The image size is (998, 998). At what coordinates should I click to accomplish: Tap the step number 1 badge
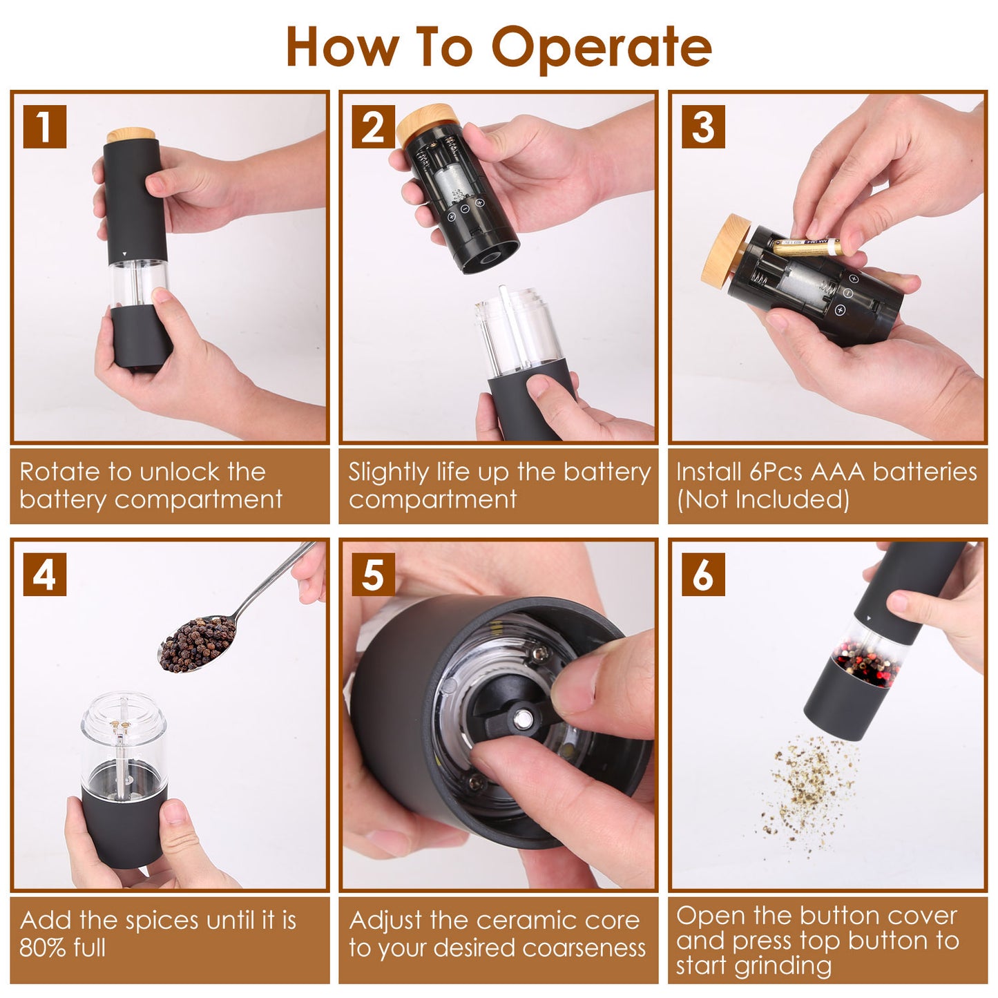[44, 126]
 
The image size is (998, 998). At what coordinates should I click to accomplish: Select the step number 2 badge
[373, 126]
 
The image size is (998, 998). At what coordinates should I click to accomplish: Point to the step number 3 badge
[702, 126]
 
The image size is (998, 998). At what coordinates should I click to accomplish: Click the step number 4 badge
[44, 574]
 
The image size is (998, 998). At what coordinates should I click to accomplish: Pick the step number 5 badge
[373, 574]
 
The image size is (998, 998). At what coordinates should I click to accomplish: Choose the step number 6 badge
[702, 574]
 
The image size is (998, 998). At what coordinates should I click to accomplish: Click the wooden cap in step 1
[131, 135]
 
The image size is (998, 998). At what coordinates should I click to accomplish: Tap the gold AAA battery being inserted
[806, 247]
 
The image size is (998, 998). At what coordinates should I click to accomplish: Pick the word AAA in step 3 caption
[837, 472]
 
